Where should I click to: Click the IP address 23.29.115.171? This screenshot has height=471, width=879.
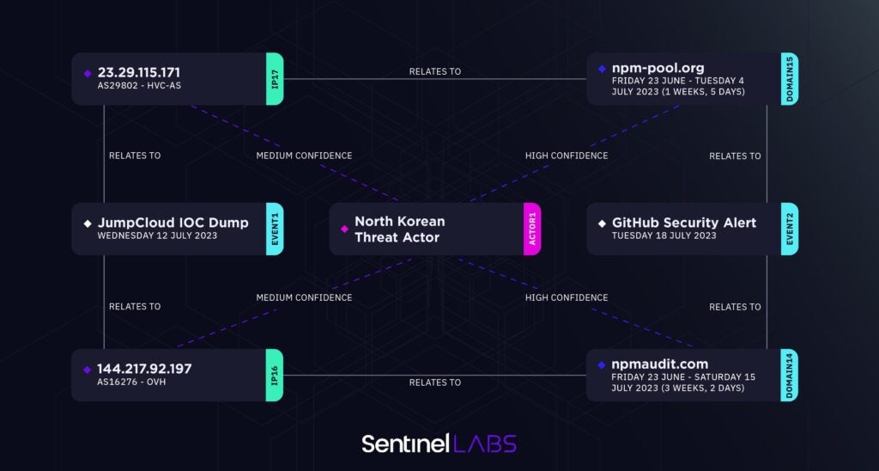[x=138, y=72]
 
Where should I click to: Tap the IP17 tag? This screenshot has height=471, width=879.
[x=275, y=79]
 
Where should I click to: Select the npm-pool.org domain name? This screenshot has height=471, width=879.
[x=658, y=67]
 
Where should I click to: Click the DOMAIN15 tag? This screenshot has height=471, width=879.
[x=790, y=79]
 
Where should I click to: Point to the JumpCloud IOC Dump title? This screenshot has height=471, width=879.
[x=173, y=223]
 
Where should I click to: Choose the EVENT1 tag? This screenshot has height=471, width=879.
[x=275, y=229]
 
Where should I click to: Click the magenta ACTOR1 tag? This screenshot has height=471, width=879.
[x=532, y=229]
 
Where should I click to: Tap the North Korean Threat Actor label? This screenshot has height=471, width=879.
[x=399, y=229]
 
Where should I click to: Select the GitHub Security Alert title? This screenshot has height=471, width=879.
[x=684, y=223]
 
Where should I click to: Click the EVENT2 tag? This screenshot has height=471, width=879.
[x=790, y=229]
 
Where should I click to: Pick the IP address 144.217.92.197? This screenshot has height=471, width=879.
[x=144, y=369]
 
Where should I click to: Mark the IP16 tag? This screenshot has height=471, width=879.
[x=275, y=375]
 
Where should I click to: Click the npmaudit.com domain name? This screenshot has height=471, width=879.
[x=659, y=364]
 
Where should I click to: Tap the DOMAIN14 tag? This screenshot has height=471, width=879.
[x=790, y=375]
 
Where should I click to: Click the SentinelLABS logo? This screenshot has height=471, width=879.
[x=439, y=443]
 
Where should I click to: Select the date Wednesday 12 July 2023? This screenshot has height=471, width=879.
[x=157, y=235]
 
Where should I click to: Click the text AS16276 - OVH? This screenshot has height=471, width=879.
[x=131, y=382]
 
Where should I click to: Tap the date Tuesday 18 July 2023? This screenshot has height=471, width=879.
[x=664, y=235]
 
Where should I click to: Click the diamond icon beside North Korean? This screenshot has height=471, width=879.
[x=344, y=229]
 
